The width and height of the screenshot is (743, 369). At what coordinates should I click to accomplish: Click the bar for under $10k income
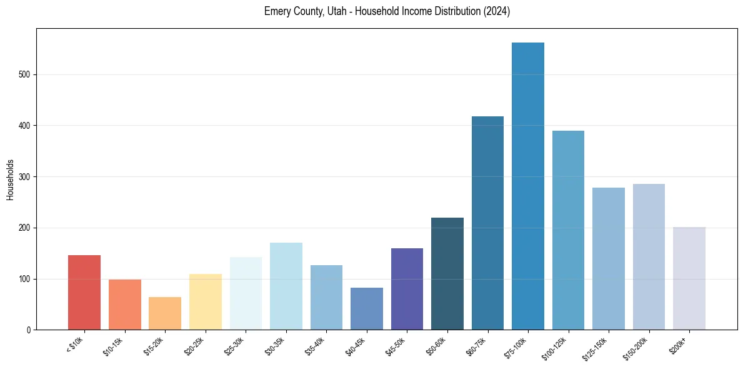84,292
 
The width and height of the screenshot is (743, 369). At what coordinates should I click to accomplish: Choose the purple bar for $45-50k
407,289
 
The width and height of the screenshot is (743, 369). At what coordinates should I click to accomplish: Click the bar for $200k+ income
689,278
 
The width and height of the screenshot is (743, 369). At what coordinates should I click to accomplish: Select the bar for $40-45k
367,308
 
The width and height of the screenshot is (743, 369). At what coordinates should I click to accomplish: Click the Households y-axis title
11,179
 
